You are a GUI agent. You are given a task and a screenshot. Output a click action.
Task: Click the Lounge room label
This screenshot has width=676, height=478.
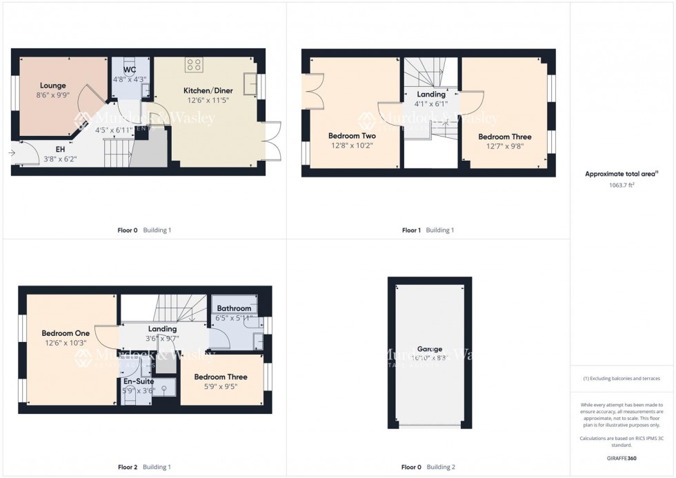[52, 86]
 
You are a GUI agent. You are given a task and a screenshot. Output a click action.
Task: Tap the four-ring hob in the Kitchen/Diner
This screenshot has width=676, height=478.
[195, 66]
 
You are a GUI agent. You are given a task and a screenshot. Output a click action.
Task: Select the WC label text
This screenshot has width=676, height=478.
[130, 70]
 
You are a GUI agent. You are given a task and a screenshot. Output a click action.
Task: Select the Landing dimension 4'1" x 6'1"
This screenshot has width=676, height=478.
[431, 104]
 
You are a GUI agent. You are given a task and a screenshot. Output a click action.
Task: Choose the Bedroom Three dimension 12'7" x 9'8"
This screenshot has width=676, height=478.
[505, 146]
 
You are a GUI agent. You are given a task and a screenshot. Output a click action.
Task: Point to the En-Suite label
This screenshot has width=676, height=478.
[139, 381]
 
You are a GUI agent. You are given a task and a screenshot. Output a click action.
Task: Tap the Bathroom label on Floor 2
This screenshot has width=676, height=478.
[234, 308]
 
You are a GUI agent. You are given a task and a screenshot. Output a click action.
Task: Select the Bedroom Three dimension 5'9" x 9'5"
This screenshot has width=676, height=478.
[220, 386]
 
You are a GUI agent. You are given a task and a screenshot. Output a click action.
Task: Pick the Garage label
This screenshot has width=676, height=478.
[429, 349]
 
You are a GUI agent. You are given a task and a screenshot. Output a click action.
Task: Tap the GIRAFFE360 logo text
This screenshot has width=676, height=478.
[622, 458]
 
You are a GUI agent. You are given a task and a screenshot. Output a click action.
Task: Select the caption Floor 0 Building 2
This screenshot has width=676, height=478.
[428, 467]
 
